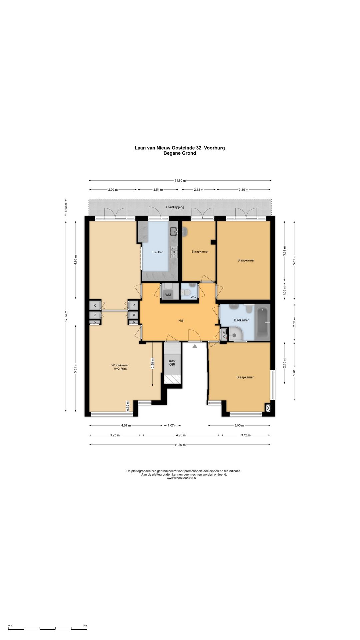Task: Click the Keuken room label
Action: click(158, 252)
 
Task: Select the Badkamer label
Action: click(241, 320)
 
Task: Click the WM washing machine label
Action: click(168, 295)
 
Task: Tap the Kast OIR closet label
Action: click(172, 363)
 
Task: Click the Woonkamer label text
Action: click(120, 365)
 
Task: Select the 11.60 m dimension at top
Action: click(180, 181)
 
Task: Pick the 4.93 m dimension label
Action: click(180, 435)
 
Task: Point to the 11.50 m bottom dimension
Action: click(180, 445)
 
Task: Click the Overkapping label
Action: click(175, 207)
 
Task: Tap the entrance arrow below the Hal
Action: click(195, 346)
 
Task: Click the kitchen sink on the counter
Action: click(174, 231)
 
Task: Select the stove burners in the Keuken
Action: click(174, 252)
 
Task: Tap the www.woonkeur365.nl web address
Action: click(181, 478)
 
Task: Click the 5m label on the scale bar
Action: click(85, 626)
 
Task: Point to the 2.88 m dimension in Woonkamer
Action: click(153, 363)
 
